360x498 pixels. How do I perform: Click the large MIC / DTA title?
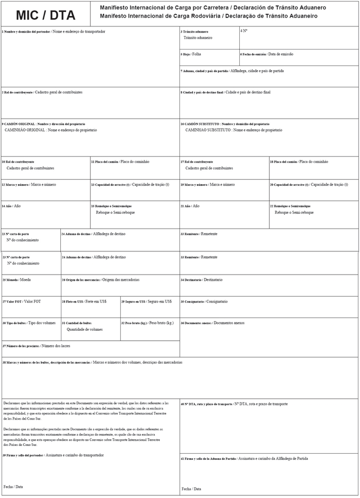pos(45,15)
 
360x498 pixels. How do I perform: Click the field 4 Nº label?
pos(244,31)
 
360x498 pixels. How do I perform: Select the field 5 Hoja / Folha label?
pos(191,54)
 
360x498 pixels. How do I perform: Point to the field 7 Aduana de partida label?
pos(232,71)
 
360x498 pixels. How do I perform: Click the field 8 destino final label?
pos(225,92)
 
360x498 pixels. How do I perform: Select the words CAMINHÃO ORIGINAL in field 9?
pos(25,131)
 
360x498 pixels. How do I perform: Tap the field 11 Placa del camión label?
pos(120,162)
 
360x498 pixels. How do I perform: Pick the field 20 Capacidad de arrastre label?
pos(308,184)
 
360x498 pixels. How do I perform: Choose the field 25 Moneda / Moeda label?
pos(17,280)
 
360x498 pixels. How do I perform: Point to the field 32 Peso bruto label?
pos(148,323)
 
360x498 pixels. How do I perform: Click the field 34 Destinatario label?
pos(201,280)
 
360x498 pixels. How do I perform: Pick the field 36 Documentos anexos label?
pos(212,323)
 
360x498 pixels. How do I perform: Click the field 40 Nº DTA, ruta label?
pos(234,404)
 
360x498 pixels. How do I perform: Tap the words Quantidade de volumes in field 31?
pos(85,329)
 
